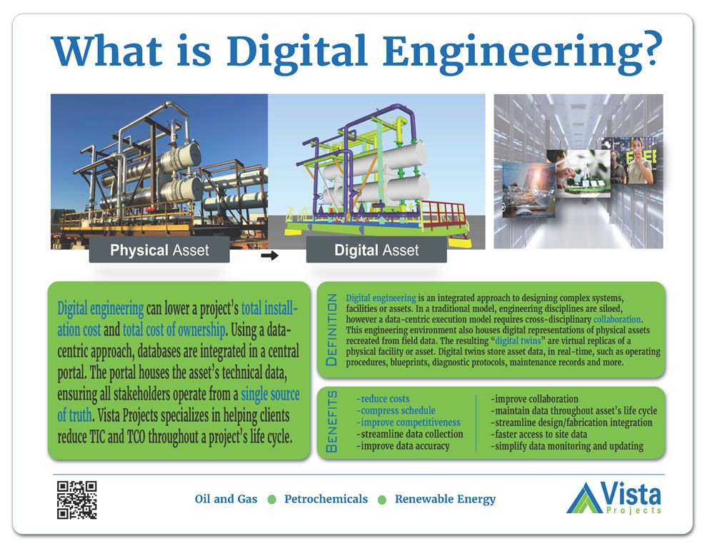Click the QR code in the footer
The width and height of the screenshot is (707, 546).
pyautogui.click(x=76, y=499)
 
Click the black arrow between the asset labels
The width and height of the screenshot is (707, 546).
pyautogui.click(x=269, y=255)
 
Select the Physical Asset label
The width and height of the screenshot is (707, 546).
pyautogui.click(x=159, y=251)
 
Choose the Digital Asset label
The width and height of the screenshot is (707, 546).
pyautogui.click(x=376, y=251)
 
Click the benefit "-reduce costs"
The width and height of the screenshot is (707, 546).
pyautogui.click(x=383, y=399)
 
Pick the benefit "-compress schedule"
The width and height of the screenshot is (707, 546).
pyautogui.click(x=396, y=411)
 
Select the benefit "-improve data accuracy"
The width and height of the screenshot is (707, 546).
pyautogui.click(x=403, y=446)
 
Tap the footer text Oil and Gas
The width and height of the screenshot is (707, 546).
pyautogui.click(x=226, y=499)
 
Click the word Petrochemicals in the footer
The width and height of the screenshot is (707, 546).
pyautogui.click(x=326, y=499)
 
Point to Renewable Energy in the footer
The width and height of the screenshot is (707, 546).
pyautogui.click(x=445, y=499)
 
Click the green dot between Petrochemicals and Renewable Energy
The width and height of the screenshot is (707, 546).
pyautogui.click(x=381, y=500)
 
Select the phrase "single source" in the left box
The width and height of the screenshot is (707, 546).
pyautogui.click(x=270, y=395)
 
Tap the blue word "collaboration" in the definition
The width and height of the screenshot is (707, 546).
pyautogui.click(x=618, y=319)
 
